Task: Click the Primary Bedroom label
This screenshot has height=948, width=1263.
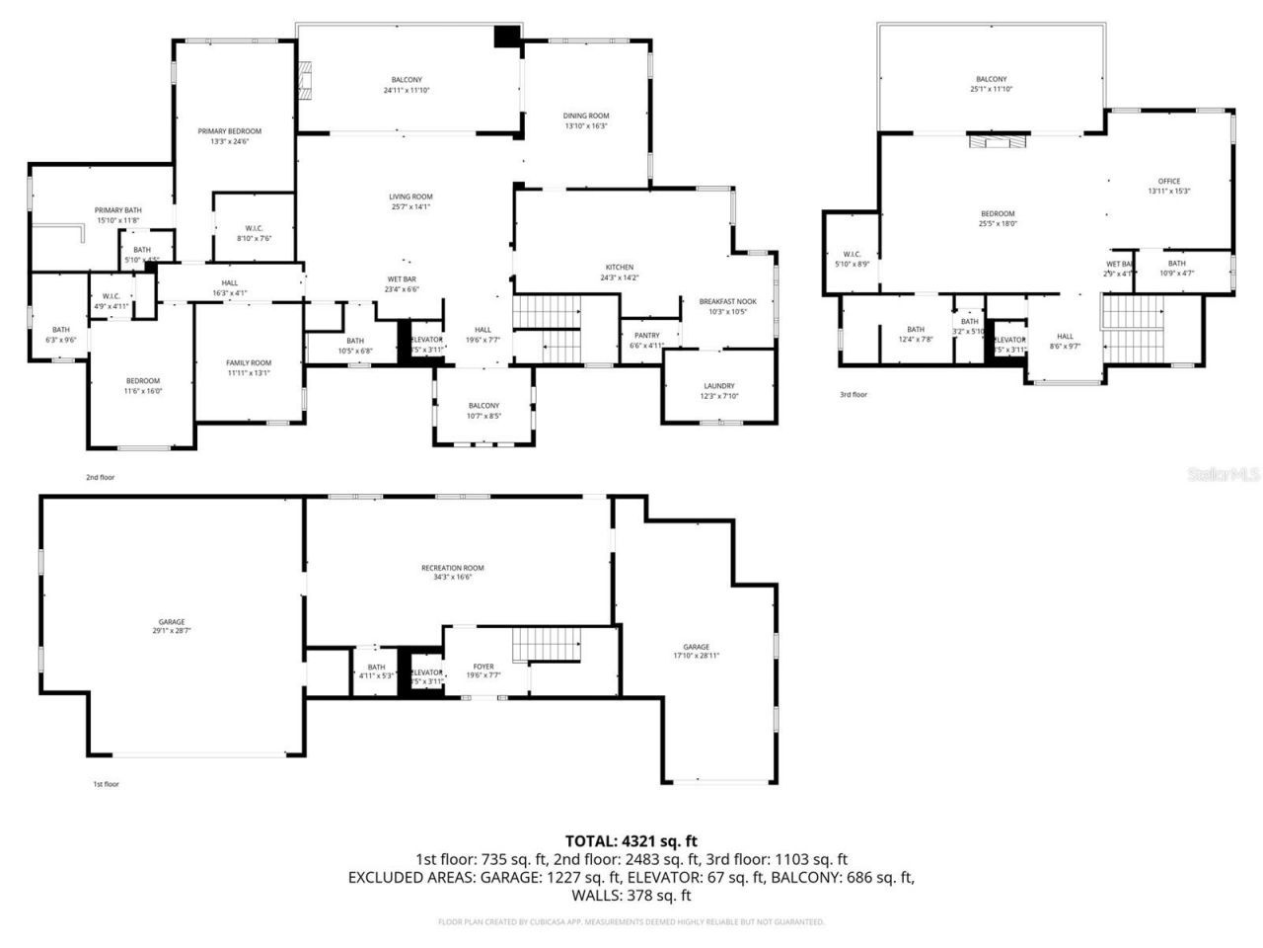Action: click(229, 131)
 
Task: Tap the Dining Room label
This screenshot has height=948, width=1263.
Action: click(586, 116)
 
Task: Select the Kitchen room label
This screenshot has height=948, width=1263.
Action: click(619, 268)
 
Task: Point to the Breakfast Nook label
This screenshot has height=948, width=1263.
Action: click(727, 301)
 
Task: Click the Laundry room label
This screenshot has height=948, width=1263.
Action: click(718, 386)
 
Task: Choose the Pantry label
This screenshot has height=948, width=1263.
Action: click(647, 336)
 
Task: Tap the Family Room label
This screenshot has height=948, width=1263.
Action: click(248, 363)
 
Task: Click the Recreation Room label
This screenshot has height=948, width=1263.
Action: click(452, 568)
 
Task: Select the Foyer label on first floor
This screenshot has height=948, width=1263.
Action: click(483, 667)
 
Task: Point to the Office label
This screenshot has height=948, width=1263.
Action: click(1168, 182)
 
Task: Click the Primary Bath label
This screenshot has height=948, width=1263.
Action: click(117, 210)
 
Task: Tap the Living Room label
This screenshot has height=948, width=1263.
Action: click(410, 197)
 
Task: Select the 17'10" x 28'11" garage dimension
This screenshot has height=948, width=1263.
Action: click(697, 656)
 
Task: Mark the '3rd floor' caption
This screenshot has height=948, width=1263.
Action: click(853, 395)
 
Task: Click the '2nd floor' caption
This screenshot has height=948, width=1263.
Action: click(100, 478)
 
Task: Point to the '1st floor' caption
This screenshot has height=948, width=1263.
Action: click(106, 784)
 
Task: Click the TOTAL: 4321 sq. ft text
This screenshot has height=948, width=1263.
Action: click(631, 841)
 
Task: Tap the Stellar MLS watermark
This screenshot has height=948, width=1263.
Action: click(1223, 475)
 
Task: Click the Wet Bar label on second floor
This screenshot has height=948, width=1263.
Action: click(401, 279)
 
